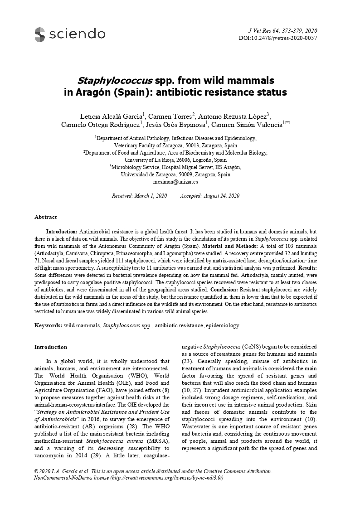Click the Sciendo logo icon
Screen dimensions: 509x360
40,34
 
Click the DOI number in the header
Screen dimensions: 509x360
277,38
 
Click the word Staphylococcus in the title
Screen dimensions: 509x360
114,81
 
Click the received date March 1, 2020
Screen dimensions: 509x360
151,196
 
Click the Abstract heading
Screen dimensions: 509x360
46,217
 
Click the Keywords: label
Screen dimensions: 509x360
49,325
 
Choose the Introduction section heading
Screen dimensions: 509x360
51,347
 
